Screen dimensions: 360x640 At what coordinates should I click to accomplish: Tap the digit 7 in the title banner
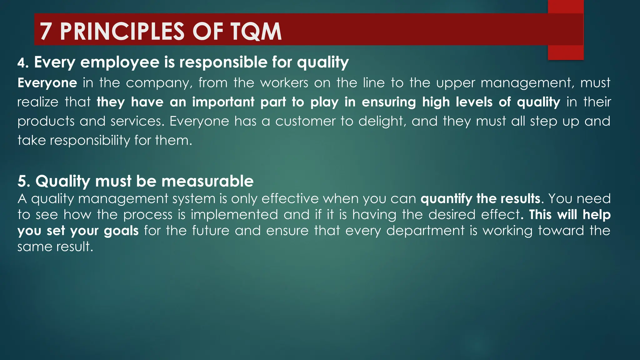tap(46, 32)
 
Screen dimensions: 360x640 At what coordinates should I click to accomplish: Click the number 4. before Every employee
tap(23, 63)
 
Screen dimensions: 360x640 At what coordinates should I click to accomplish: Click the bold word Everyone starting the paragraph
tap(47, 83)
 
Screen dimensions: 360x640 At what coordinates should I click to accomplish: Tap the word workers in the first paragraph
tap(284, 83)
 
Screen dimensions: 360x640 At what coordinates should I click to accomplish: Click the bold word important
tap(223, 102)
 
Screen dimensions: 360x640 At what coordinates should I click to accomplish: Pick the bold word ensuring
tap(388, 102)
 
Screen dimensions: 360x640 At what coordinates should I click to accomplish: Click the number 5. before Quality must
tap(24, 182)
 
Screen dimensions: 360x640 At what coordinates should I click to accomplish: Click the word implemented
tap(234, 215)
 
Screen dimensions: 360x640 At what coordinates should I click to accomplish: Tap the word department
tap(425, 231)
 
